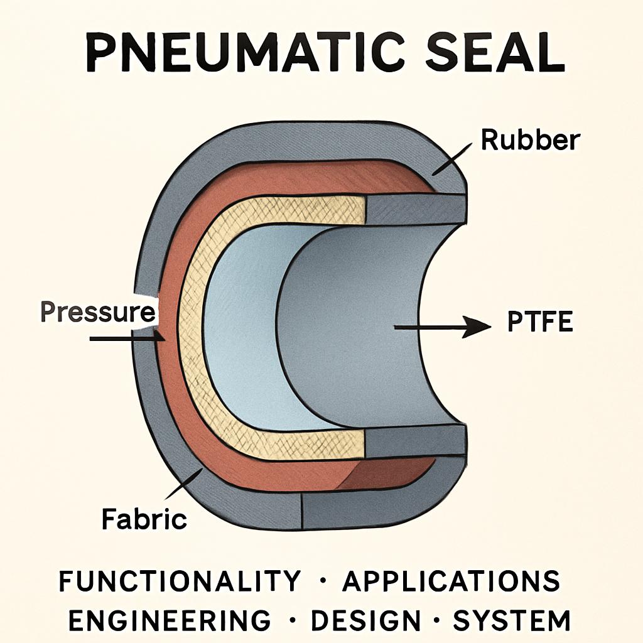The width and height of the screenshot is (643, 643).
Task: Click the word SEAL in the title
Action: click(495, 54)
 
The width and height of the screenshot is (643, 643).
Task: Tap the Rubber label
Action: click(530, 139)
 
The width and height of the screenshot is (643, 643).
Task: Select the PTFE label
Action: click(539, 321)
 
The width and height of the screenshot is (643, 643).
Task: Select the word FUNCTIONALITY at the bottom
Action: click(180, 581)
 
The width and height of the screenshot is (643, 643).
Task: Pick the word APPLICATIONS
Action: click(451, 581)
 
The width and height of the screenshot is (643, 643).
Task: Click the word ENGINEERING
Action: click(170, 620)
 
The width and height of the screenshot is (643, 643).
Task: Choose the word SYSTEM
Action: click(512, 620)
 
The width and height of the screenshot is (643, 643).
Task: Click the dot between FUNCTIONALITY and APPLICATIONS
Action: click(322, 581)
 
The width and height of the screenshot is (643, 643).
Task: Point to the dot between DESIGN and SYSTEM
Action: click(437, 620)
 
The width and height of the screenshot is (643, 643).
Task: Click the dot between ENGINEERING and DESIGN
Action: click(292, 620)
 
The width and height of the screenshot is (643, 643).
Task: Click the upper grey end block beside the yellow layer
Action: click(416, 209)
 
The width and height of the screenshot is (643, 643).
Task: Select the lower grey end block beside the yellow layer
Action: click(416, 442)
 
